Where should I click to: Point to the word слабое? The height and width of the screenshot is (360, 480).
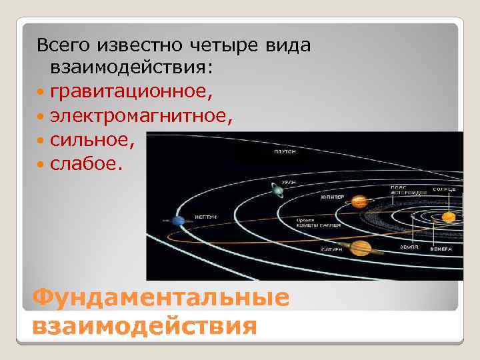pyautogui.click(x=86, y=163)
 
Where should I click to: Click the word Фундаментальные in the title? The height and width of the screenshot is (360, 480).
pyautogui.click(x=161, y=298)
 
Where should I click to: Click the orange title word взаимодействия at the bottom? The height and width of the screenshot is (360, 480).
pyautogui.click(x=143, y=327)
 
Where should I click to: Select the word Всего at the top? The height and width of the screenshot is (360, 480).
pyautogui.click(x=63, y=45)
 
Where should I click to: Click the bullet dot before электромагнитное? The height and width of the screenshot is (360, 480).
pyautogui.click(x=41, y=117)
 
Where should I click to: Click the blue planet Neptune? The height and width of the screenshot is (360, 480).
pyautogui.click(x=178, y=221)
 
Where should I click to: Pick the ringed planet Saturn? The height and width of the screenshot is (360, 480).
pyautogui.click(x=359, y=247)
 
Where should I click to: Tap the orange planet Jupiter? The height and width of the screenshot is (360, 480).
pyautogui.click(x=359, y=201)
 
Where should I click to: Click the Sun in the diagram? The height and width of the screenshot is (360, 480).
pyautogui.click(x=449, y=216)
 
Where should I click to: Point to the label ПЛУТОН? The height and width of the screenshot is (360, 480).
pyautogui.click(x=284, y=152)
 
